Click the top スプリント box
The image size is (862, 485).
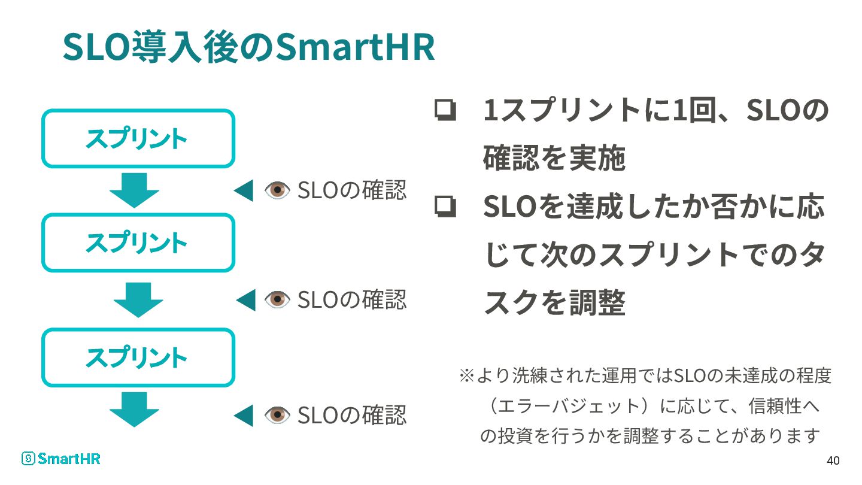(x=138, y=138)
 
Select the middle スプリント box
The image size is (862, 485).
(x=138, y=242)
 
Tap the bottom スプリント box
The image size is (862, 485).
(x=138, y=357)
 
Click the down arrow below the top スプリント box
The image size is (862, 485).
(x=135, y=190)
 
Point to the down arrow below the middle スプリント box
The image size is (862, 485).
(x=138, y=299)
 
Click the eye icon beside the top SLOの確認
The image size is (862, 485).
(x=277, y=190)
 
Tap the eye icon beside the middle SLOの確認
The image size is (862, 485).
(x=277, y=299)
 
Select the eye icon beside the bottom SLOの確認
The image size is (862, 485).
(x=277, y=415)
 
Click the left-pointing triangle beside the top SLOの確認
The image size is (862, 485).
(x=244, y=191)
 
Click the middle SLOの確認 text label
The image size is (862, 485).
(x=352, y=299)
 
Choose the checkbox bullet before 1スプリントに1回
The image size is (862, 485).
(x=445, y=111)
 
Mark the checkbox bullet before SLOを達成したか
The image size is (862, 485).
(x=445, y=207)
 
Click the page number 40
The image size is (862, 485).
(x=833, y=461)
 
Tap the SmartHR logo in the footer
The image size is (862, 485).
(x=61, y=459)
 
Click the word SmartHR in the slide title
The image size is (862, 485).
(x=354, y=48)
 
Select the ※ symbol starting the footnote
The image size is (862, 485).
(x=466, y=376)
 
